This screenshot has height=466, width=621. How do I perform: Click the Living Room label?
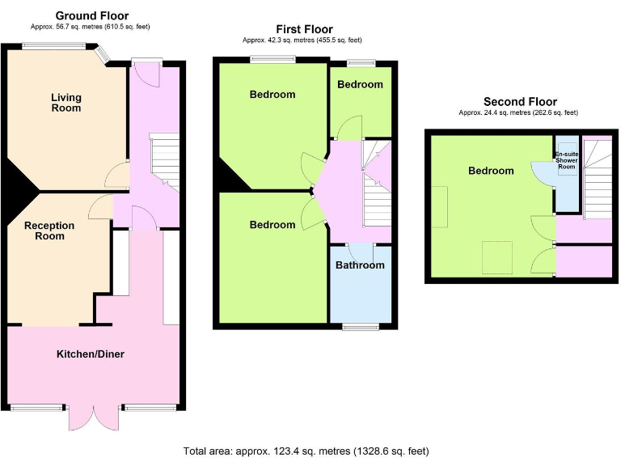click(66, 103)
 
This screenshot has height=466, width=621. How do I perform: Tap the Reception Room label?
click(49, 231)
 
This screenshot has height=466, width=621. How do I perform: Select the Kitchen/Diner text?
click(90, 354)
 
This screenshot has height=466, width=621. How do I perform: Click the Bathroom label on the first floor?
click(360, 265)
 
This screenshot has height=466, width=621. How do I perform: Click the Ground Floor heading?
click(91, 15)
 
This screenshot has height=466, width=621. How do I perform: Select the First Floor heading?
click(303, 29)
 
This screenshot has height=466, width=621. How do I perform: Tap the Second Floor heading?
click(520, 101)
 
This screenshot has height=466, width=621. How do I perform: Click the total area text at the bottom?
click(306, 451)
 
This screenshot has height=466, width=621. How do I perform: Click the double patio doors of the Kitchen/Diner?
click(95, 417)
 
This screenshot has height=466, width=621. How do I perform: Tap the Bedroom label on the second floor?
click(491, 171)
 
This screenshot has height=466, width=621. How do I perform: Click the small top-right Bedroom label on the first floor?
click(360, 85)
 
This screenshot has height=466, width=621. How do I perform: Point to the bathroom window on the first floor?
click(361, 327)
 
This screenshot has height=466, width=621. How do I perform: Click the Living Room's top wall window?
click(55, 46)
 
